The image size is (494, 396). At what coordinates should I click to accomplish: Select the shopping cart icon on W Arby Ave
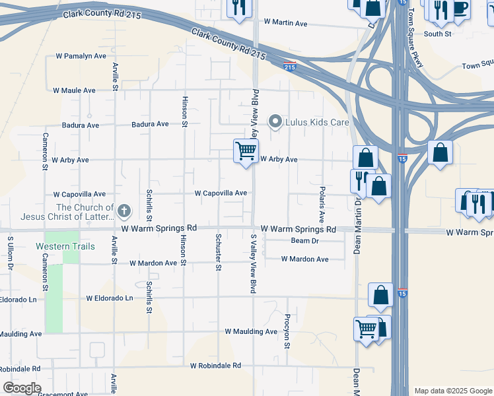pyautogui.click(x=246, y=151)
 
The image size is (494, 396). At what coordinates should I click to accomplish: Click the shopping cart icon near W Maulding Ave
pyautogui.click(x=366, y=327)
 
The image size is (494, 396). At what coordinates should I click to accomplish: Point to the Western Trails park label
pyautogui.click(x=65, y=246)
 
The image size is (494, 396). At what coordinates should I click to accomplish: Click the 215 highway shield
pyautogui.click(x=289, y=66)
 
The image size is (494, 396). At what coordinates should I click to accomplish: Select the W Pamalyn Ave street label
pyautogui.click(x=81, y=56)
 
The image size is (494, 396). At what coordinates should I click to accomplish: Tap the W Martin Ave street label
pyautogui.click(x=285, y=23)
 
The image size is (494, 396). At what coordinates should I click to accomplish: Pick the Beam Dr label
pyautogui.click(x=304, y=241)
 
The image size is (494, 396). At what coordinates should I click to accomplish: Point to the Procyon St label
pyautogui.click(x=287, y=332)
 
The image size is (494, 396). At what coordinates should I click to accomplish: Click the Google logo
pyautogui.click(x=21, y=388)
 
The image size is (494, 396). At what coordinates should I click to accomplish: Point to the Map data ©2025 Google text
pyautogui.click(x=452, y=391)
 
